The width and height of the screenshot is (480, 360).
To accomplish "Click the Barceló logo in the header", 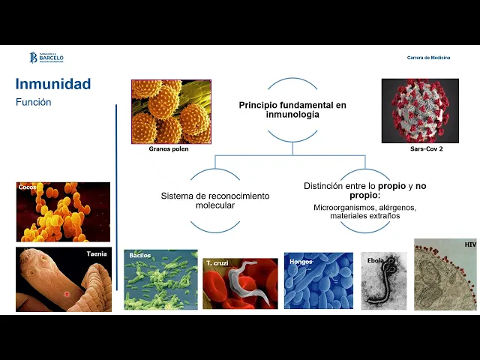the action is pyautogui.click(x=46, y=57).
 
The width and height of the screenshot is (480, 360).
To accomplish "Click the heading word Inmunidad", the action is pyautogui.click(x=52, y=84).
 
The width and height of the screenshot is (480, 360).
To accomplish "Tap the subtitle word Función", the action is pyautogui.click(x=33, y=102).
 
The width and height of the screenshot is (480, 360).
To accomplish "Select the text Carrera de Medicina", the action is pyautogui.click(x=428, y=58).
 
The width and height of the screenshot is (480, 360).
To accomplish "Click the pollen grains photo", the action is pyautogui.click(x=171, y=112).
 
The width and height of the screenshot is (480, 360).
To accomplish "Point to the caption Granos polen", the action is pyautogui.click(x=168, y=149).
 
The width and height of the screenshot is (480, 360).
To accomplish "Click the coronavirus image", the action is pyautogui.click(x=420, y=111).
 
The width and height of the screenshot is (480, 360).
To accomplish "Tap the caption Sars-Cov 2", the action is pyautogui.click(x=426, y=149).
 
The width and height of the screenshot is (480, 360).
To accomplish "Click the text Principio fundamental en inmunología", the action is pyautogui.click(x=292, y=109).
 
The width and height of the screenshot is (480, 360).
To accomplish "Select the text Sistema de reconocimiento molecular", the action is pyautogui.click(x=215, y=200).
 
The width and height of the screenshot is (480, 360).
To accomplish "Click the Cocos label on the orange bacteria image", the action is pyautogui.click(x=28, y=187).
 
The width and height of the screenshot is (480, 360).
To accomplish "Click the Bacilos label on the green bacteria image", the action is pyautogui.click(x=140, y=255).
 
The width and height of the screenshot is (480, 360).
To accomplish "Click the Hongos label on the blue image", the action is pyautogui.click(x=300, y=262).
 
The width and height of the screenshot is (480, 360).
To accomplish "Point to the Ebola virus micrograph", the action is pyautogui.click(x=384, y=281).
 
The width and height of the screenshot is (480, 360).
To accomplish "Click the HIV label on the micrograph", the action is pyautogui.click(x=469, y=244).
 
